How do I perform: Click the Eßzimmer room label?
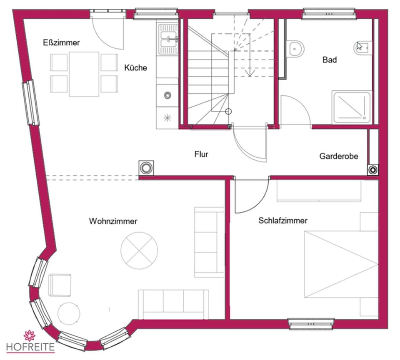[x=61, y=42]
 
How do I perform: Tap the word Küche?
[x=135, y=67]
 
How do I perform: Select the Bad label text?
[x=330, y=60]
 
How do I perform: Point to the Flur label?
[x=201, y=154]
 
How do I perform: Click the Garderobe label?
[x=338, y=156]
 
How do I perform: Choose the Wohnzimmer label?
[x=113, y=221]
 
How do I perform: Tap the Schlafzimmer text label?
[x=282, y=221]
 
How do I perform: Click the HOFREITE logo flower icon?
[x=30, y=335]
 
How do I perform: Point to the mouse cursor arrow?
[x=359, y=46]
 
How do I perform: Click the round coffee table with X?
[x=139, y=250]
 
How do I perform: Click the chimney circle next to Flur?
[x=146, y=168]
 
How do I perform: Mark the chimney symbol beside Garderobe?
[x=373, y=170]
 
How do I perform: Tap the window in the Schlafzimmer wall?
[x=311, y=323]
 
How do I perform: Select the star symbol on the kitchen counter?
[x=167, y=118]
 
